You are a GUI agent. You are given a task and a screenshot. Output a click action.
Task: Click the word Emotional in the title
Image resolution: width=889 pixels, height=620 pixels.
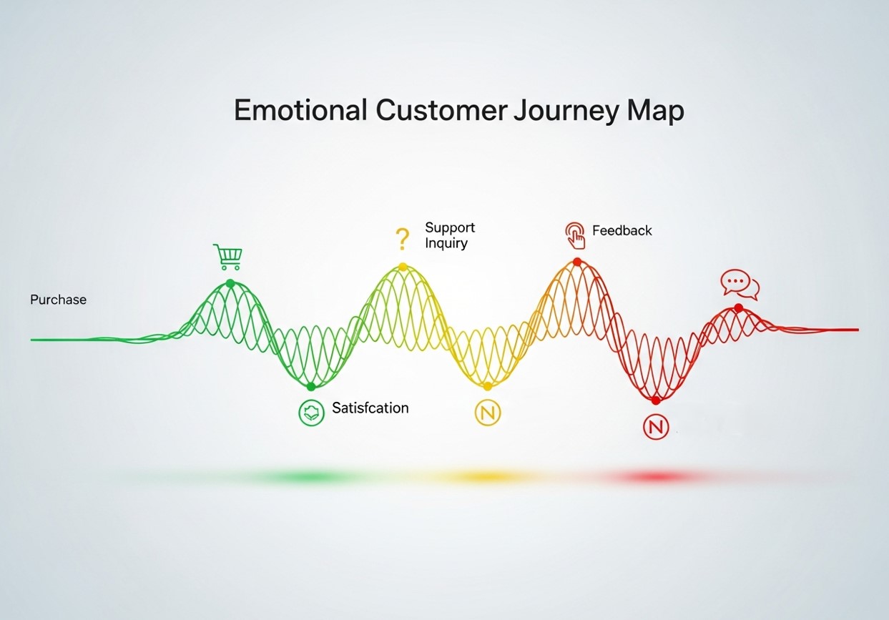pos(300,112)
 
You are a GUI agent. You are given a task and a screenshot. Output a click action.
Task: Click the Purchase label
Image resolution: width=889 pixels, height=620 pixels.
pos(58,300)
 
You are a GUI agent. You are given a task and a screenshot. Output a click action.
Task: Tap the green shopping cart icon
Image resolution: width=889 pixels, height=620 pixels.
pos(227,257)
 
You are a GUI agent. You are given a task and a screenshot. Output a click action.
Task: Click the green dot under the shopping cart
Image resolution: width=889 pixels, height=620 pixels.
pos(230,283)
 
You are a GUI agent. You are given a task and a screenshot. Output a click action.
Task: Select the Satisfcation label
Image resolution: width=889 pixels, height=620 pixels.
pos(370,408)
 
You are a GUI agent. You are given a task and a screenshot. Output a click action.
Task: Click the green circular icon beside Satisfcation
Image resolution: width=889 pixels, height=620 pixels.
pos(310,412)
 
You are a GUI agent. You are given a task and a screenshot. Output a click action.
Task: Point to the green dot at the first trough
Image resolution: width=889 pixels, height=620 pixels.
pos(310,386)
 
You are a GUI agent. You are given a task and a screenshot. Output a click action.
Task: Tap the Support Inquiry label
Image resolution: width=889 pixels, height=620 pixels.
pos(448,235)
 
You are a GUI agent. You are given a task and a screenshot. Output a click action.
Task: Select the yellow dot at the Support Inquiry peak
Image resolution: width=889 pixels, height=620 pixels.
pos(403,267)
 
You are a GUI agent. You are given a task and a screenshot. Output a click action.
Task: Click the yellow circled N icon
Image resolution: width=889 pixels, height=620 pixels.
pos(488,412)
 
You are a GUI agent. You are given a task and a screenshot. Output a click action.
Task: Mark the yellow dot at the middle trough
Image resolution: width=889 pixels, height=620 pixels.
pos(488,386)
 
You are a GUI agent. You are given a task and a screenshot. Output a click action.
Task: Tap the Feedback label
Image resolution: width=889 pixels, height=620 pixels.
pos(622,231)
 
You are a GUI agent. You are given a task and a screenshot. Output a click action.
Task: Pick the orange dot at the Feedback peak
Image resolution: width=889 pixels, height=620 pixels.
pos(577,262)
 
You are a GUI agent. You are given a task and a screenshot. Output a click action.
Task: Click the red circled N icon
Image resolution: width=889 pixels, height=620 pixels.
pos(655,426)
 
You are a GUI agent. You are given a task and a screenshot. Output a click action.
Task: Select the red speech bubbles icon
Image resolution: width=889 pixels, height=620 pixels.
pos(739,285)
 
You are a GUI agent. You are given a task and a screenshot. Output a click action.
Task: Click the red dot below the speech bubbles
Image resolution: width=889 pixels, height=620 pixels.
pos(738,307)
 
